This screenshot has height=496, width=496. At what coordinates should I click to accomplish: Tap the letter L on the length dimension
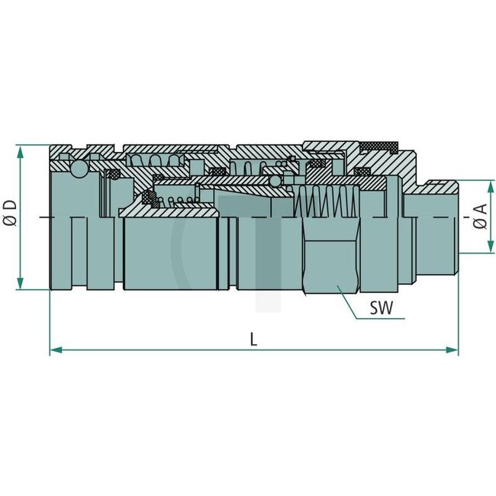pyautogui.click(x=253, y=340)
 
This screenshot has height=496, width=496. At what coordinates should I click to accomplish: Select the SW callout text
pyautogui.click(x=382, y=309)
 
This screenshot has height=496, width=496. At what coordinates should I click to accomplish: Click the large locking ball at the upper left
pyautogui.click(x=78, y=169)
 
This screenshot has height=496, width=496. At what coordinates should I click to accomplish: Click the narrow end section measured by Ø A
pyautogui.click(x=431, y=229)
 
